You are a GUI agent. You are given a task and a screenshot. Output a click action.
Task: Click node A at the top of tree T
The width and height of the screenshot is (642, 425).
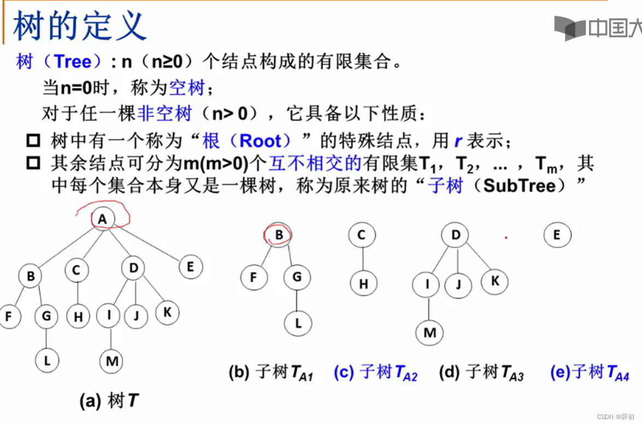tap(102, 219)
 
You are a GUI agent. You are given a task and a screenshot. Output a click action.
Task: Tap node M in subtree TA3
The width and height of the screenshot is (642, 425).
tap(430, 333)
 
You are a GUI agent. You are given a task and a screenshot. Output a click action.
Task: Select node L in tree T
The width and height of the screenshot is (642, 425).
tap(47, 360)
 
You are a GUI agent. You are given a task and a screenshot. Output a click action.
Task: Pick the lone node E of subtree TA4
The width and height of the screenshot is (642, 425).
tap(557, 236)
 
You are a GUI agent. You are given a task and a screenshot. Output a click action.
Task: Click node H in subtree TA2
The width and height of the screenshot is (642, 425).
tap(364, 284)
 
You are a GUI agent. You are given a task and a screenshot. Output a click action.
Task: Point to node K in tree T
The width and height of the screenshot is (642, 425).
tap(168, 312)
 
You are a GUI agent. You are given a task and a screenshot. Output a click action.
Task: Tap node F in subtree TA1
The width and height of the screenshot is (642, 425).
tap(253, 277)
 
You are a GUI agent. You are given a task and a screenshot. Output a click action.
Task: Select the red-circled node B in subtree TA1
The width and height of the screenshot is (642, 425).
tap(279, 236)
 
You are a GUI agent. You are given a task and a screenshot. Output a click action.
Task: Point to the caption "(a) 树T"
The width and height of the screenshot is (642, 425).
tap(108, 401)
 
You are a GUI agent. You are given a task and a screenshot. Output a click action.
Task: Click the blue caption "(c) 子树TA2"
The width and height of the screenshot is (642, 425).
tap(375, 373)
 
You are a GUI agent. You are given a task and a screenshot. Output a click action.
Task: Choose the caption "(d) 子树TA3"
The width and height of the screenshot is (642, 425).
tap(481, 373)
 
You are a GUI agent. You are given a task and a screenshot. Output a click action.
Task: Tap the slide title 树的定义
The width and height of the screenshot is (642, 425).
tap(79, 26)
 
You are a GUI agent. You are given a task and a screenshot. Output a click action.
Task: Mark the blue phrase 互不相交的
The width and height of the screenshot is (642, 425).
tap(315, 164)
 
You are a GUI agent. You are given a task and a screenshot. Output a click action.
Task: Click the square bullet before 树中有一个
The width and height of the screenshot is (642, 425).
tap(33, 141)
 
